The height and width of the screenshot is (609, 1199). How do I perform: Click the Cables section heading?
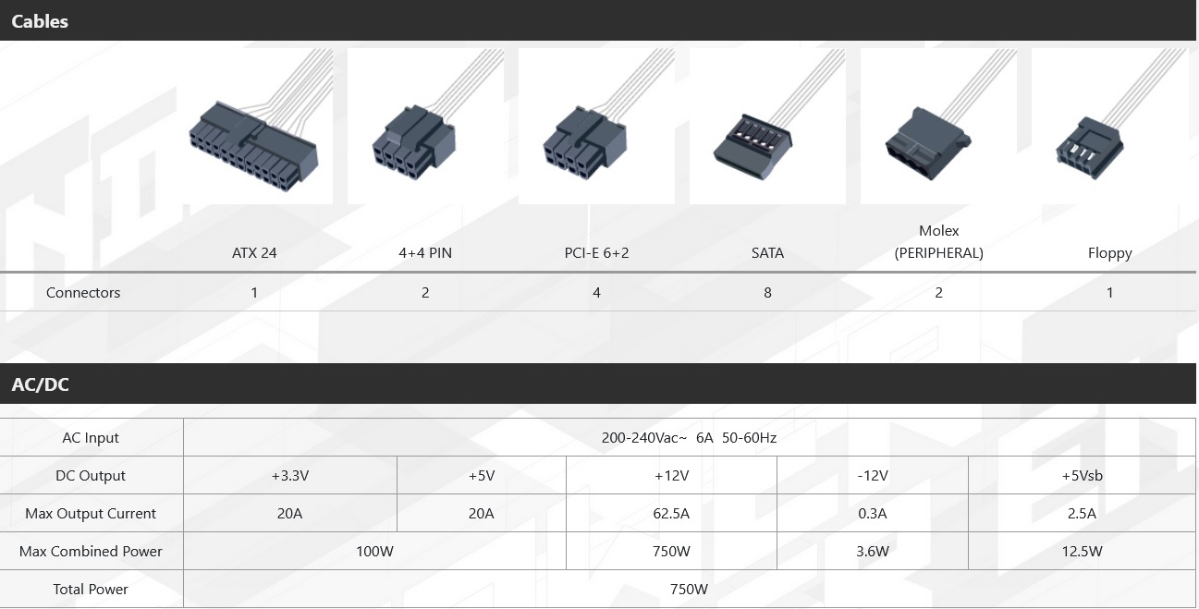tap(40, 21)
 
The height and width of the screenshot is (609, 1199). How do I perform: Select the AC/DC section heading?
tap(40, 384)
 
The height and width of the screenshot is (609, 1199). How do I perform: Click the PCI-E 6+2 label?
tap(596, 252)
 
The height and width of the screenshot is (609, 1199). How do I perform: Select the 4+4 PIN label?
tap(425, 252)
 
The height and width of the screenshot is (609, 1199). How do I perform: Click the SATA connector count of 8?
tap(767, 293)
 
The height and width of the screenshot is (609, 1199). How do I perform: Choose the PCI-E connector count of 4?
tap(596, 293)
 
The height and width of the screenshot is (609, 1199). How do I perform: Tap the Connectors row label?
tap(83, 293)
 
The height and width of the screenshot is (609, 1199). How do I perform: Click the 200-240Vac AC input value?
tap(689, 438)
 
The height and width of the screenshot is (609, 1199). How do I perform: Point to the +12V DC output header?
tap(671, 476)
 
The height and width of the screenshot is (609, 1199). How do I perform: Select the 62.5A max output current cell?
tap(671, 514)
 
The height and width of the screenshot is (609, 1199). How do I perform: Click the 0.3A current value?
tap(872, 514)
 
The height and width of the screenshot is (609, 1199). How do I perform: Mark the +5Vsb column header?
tap(1082, 476)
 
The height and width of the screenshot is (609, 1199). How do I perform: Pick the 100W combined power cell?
tap(374, 552)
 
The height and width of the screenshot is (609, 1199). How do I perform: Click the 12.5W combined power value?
tap(1082, 552)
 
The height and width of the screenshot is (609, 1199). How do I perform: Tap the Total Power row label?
tap(91, 590)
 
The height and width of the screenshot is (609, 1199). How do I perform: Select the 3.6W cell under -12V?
tap(872, 552)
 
